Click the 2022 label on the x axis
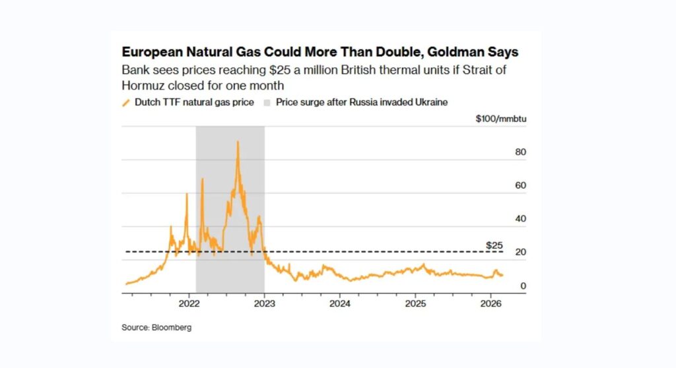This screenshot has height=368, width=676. (189, 303)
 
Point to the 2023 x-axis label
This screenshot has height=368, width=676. (264, 303)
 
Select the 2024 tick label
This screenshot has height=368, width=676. (339, 303)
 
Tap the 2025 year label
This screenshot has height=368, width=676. (415, 303)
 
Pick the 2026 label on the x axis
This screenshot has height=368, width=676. (489, 303)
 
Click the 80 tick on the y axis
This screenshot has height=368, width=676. (520, 152)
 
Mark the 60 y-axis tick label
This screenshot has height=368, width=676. (520, 185)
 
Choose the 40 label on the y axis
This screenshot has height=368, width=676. (520, 219)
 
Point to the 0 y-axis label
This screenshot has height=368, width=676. (523, 286)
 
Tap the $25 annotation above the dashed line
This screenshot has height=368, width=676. (494, 245)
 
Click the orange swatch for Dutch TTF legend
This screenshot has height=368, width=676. (126, 102)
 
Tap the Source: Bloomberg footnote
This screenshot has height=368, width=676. (156, 327)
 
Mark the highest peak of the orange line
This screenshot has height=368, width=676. (238, 142)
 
